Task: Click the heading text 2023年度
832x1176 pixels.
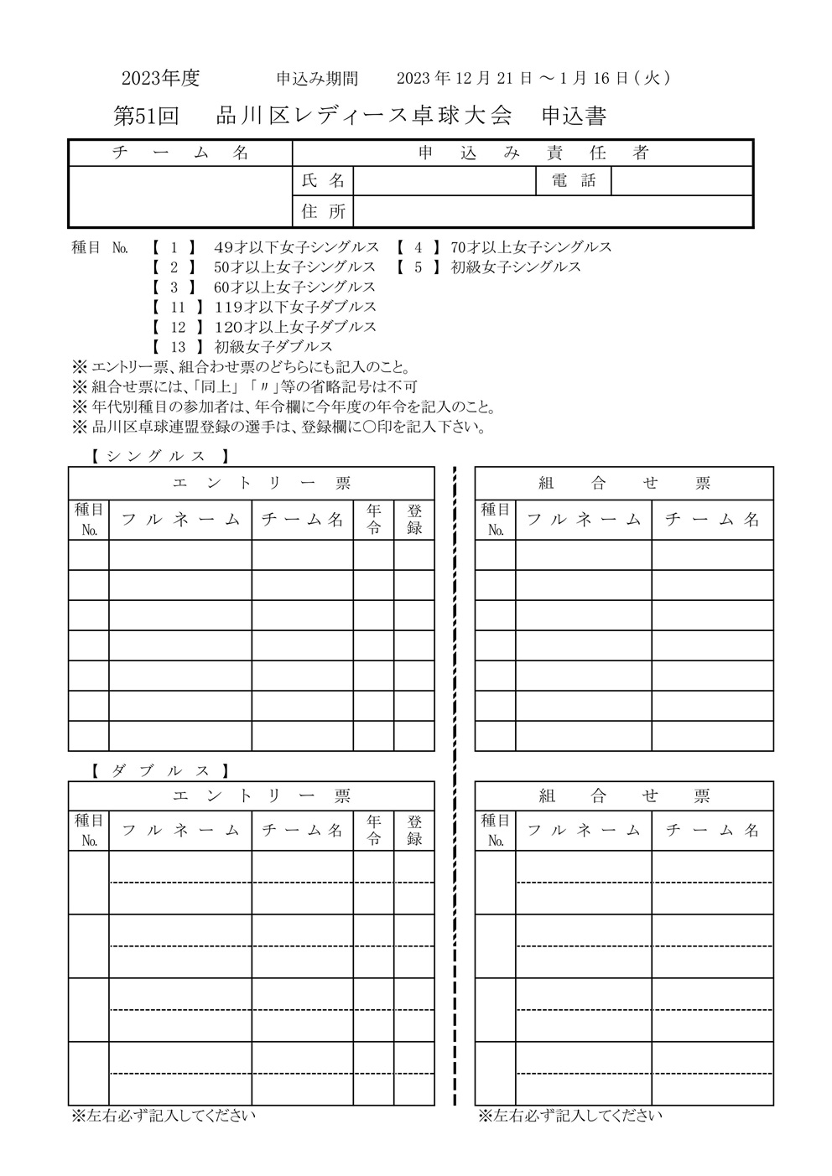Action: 160,78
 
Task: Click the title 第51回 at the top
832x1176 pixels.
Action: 146,117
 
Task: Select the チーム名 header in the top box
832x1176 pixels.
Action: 180,153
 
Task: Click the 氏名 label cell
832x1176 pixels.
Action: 323,181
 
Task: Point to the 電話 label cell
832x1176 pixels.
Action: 574,181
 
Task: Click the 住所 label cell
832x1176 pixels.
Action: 323,211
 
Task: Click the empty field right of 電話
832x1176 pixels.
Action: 681,181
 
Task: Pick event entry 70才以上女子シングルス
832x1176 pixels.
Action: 531,247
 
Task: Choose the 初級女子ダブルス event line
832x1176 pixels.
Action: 273,346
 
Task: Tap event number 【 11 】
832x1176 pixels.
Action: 178,307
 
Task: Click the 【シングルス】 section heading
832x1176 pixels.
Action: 159,457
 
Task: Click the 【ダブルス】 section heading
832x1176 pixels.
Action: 159,770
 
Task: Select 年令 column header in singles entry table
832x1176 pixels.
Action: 373,519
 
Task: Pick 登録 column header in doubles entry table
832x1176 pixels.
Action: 414,830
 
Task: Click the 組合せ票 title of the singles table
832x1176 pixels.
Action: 624,483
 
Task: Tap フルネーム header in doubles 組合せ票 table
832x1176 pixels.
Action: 584,830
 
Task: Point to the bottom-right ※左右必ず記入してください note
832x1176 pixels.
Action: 570,1116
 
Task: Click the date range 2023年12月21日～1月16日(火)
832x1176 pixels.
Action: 533,78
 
